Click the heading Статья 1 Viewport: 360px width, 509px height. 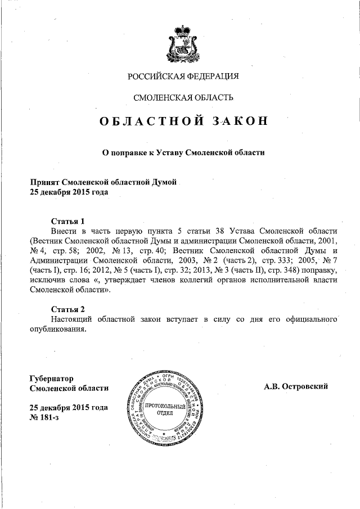point(67,221)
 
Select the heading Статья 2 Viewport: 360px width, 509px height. point(67,309)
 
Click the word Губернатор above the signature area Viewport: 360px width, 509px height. point(51,378)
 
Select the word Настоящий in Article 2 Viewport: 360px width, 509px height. point(71,319)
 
